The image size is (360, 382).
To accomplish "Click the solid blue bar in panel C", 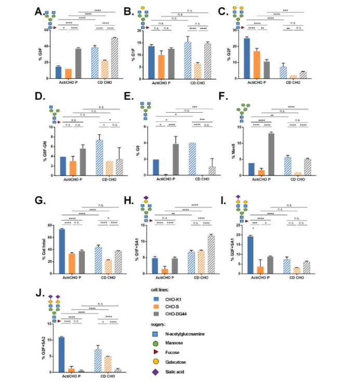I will point(247,58).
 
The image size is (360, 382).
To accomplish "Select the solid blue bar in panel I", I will point(251,254).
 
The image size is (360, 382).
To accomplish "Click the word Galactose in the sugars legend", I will point(178,362).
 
